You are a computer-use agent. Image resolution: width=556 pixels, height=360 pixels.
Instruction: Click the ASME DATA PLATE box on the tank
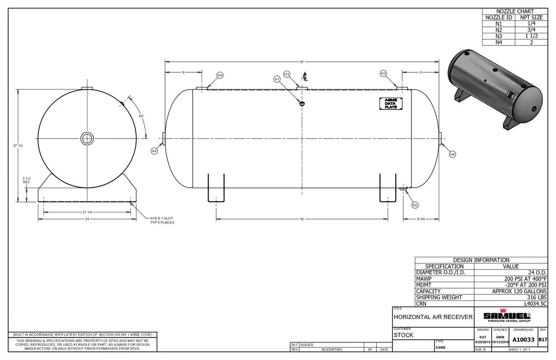pos(391,103)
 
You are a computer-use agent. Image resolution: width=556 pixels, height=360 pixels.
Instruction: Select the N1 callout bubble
pos(277,79)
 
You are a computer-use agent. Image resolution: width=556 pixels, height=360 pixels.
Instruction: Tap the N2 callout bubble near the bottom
pos(414,205)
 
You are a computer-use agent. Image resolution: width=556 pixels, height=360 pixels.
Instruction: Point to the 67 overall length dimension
pos(302,62)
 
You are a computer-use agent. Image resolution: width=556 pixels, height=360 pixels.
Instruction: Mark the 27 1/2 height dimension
pos(18,146)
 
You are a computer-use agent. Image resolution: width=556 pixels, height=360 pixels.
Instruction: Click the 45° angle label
pos(142,116)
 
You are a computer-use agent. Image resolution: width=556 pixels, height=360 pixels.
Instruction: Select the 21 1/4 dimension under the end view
pos(86,212)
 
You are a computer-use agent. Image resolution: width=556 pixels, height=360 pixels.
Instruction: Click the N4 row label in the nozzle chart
pos(498,42)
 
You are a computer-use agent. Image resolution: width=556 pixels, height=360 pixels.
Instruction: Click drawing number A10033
pos(523,340)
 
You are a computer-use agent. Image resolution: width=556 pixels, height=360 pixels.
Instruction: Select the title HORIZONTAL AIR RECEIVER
pos(433,317)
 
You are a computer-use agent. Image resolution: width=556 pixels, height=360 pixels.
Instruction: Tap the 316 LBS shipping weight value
pos(535,298)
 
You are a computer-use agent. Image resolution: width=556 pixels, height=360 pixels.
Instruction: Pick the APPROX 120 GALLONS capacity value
pos(519,291)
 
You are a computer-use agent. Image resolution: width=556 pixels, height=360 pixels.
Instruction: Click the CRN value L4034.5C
pos(535,304)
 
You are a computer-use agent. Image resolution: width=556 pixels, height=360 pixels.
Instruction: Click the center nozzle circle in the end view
pos(87,138)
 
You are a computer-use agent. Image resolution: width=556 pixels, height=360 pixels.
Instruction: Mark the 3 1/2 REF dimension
pos(26,180)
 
